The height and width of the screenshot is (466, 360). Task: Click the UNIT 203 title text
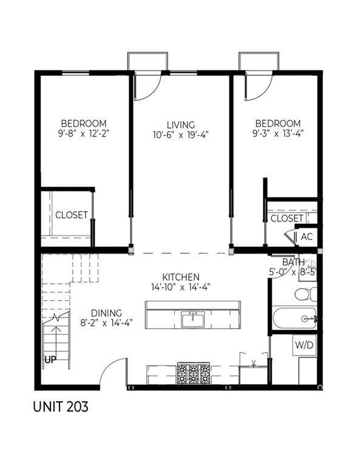61,407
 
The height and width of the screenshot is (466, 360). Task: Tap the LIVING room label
181,124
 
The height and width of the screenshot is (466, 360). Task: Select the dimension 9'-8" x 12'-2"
84,133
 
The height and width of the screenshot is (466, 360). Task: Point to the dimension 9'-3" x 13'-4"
277,133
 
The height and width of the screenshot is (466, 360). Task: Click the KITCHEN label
181,277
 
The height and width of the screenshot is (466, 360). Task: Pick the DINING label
106,313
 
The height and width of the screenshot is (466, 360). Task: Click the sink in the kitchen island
193,320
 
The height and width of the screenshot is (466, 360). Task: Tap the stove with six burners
194,373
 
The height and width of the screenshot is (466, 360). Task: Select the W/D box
304,345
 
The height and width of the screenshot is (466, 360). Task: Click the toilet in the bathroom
305,294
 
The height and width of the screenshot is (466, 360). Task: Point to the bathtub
294,319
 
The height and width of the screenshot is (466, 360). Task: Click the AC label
307,237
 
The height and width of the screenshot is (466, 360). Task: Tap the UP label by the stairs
50,360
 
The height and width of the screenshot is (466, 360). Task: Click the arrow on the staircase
56,342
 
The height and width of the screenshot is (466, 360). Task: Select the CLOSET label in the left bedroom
72,215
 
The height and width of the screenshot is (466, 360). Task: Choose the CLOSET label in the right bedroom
287,218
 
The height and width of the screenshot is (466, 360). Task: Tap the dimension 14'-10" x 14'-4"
181,287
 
